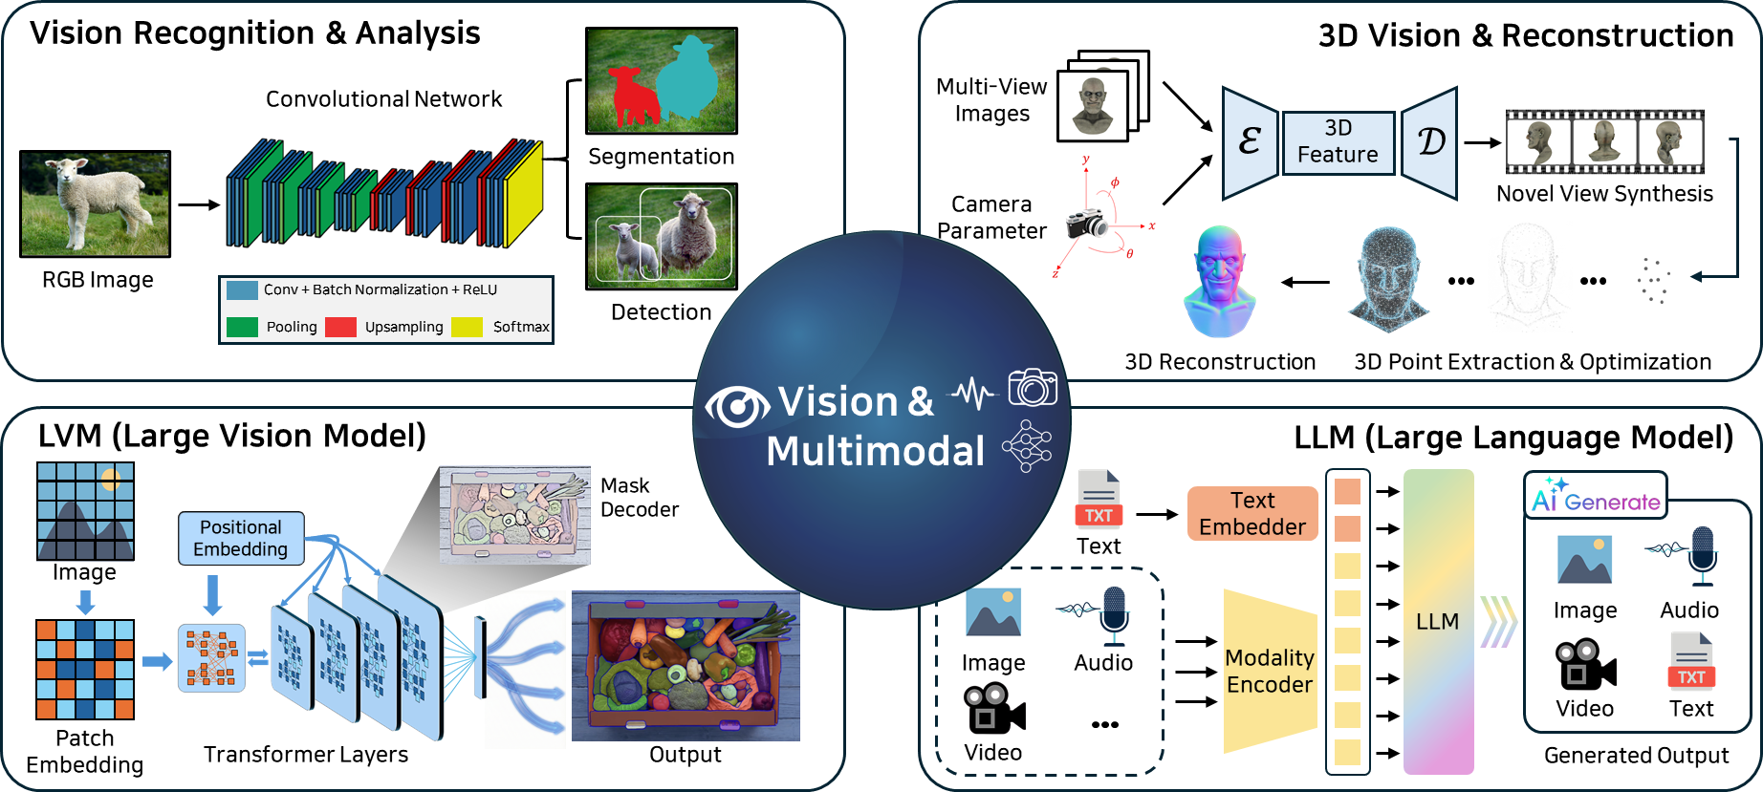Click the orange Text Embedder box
(1252, 513)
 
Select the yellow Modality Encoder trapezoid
(1270, 672)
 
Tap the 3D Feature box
(1338, 141)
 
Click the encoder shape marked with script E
(1250, 142)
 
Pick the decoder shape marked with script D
(1429, 142)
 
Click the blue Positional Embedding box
(241, 538)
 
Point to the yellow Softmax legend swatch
(467, 327)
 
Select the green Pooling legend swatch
(242, 327)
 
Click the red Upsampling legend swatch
(340, 327)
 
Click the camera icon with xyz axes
(1086, 224)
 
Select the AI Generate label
(1595, 497)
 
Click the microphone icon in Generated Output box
(1701, 556)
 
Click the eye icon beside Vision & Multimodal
(736, 407)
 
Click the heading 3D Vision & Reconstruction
(1525, 35)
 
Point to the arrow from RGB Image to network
(199, 204)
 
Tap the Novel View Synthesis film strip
(1604, 141)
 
